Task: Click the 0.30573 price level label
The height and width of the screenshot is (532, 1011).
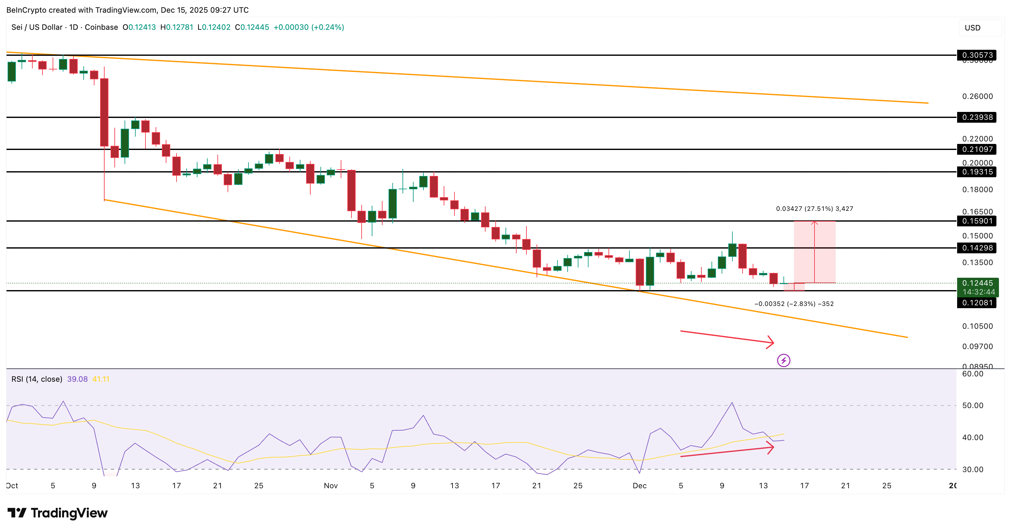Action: pos(976,55)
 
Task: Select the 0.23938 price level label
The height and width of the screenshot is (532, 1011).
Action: pos(976,117)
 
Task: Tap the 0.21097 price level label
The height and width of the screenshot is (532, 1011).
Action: pos(976,149)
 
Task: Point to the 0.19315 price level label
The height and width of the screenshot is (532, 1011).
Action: pos(976,172)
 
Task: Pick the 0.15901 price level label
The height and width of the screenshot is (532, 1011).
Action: pos(976,221)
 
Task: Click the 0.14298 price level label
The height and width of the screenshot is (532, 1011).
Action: pos(976,248)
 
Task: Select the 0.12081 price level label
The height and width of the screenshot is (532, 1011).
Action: pos(976,303)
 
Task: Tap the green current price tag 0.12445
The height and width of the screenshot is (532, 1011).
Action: pos(977,283)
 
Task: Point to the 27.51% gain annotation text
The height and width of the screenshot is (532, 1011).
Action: pos(815,209)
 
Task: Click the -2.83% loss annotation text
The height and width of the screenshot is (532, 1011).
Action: pos(794,303)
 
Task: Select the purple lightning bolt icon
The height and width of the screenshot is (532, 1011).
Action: pos(783,360)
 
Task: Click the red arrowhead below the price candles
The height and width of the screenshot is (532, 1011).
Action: pos(770,342)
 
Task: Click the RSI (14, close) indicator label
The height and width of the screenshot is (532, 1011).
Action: pos(37,379)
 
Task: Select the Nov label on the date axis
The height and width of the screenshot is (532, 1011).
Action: pos(331,486)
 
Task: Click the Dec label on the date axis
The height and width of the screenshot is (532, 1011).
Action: pos(639,486)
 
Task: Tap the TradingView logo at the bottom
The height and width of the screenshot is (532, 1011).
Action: pos(57,513)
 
